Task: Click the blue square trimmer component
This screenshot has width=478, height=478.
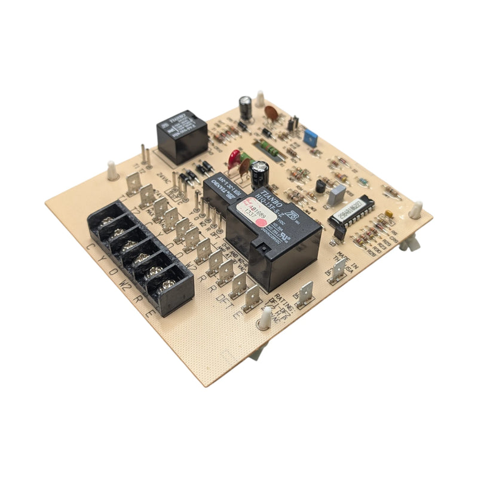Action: pyautogui.click(x=310, y=137)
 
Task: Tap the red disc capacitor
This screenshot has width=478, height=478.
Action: pyautogui.click(x=234, y=159)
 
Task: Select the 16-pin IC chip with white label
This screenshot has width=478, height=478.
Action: pyautogui.click(x=352, y=212)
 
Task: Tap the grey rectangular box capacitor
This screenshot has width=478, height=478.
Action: pyautogui.click(x=337, y=195)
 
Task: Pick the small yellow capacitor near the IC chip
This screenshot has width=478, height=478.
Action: pyautogui.click(x=389, y=213)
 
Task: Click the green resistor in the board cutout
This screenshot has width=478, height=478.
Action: pyautogui.click(x=266, y=147)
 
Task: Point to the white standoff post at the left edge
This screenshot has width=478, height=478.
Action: pyautogui.click(x=112, y=170)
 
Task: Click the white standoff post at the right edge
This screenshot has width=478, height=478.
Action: pyautogui.click(x=416, y=210)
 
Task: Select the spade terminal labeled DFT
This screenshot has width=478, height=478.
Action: pyautogui.click(x=250, y=296)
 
